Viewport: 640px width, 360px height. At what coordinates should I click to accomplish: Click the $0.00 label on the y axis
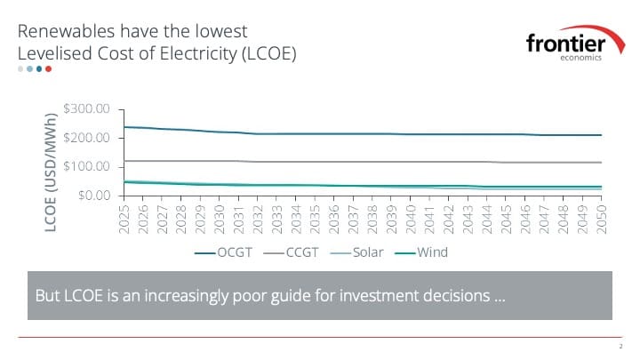pos(92,196)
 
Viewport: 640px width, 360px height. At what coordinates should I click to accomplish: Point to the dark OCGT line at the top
pos(356,134)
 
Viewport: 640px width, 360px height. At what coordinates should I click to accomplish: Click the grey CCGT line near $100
pos(356,162)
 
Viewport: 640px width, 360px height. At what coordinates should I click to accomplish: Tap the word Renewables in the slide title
pos(68,33)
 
